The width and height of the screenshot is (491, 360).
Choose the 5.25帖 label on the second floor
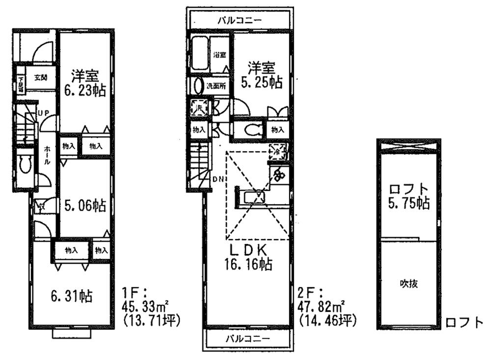click(x=261, y=83)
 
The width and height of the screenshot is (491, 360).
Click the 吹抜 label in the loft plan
click(x=408, y=283)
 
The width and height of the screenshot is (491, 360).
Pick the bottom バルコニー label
click(x=248, y=339)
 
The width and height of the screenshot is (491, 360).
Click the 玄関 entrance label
click(x=41, y=77)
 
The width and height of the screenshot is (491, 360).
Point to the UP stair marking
click(x=44, y=113)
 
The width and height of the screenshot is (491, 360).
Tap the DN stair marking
click(x=218, y=178)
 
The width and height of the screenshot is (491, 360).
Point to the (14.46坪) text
click(x=327, y=321)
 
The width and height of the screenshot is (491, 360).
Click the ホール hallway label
click(x=46, y=155)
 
